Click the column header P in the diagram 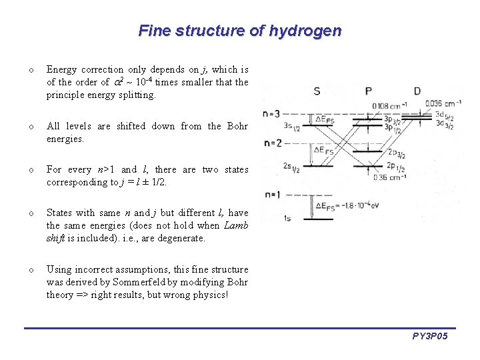(x=369, y=91)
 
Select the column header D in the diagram (x=417, y=91)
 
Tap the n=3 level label (x=271, y=113)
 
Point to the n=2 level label (x=271, y=143)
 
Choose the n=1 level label (x=271, y=194)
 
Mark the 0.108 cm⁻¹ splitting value (x=390, y=105)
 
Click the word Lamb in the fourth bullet (x=235, y=225)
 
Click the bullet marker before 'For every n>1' (x=31, y=170)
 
